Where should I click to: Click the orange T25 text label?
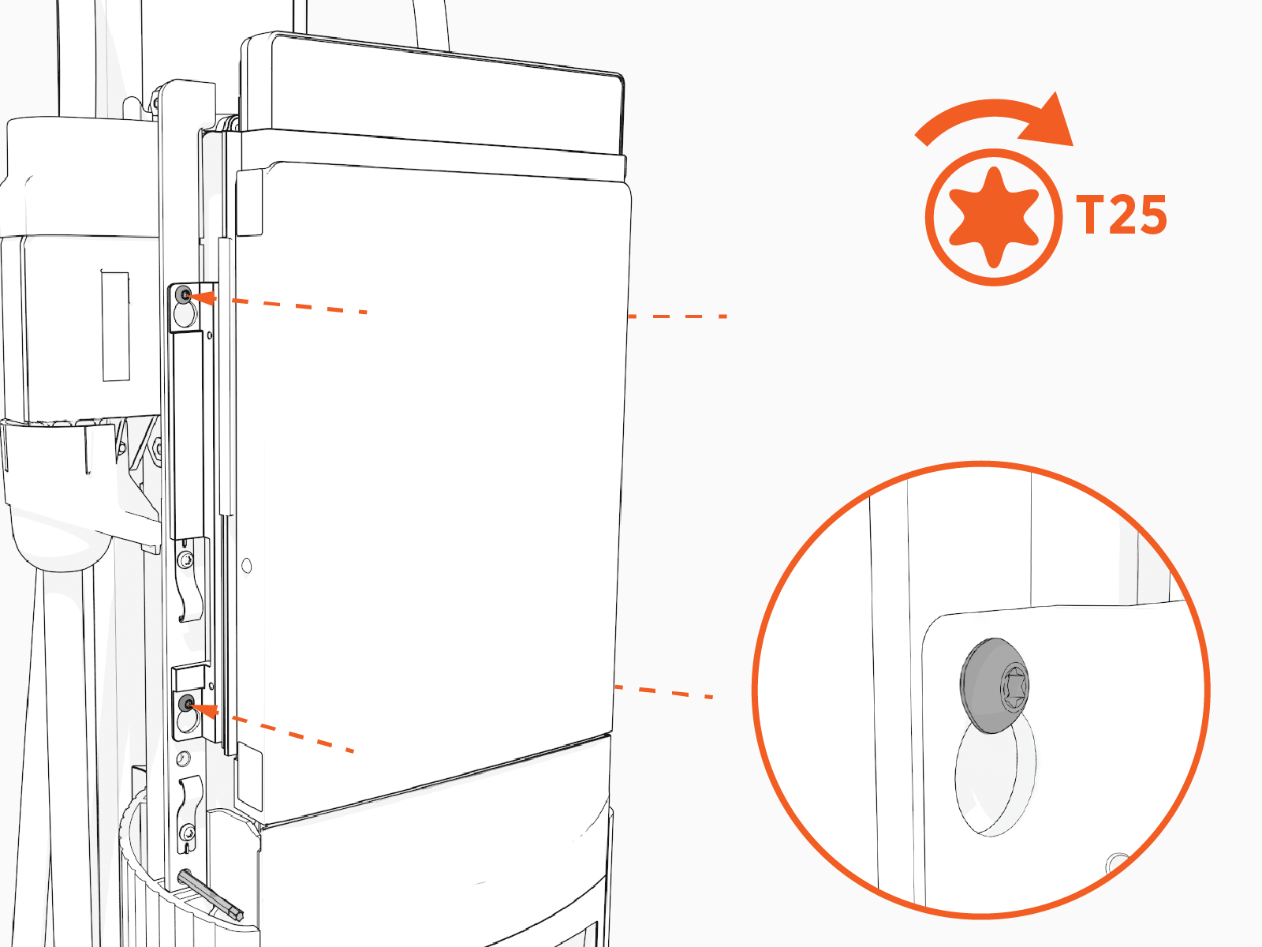click(x=1121, y=215)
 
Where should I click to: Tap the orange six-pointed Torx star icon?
click(x=994, y=217)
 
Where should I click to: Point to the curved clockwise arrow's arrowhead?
click(x=1047, y=121)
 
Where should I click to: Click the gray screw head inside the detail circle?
click(x=994, y=685)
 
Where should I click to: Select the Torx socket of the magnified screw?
click(x=1014, y=686)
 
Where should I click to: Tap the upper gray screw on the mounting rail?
click(x=185, y=295)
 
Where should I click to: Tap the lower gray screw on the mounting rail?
click(x=186, y=702)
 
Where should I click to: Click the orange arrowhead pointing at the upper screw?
click(x=203, y=298)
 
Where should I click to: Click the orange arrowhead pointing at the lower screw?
click(x=205, y=709)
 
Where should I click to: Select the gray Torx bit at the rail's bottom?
click(x=211, y=895)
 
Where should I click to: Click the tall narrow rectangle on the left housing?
click(x=116, y=326)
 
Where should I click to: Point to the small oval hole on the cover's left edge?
click(x=247, y=567)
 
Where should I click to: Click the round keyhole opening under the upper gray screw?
click(x=185, y=315)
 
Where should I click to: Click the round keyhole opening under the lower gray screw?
click(x=186, y=721)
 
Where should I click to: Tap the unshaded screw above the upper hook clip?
click(x=185, y=560)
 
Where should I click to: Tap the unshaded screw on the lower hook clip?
click(x=188, y=832)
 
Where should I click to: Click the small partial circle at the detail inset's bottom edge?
click(x=1118, y=862)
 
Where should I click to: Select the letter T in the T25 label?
click(x=1089, y=215)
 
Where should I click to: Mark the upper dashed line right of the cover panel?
click(x=678, y=316)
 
